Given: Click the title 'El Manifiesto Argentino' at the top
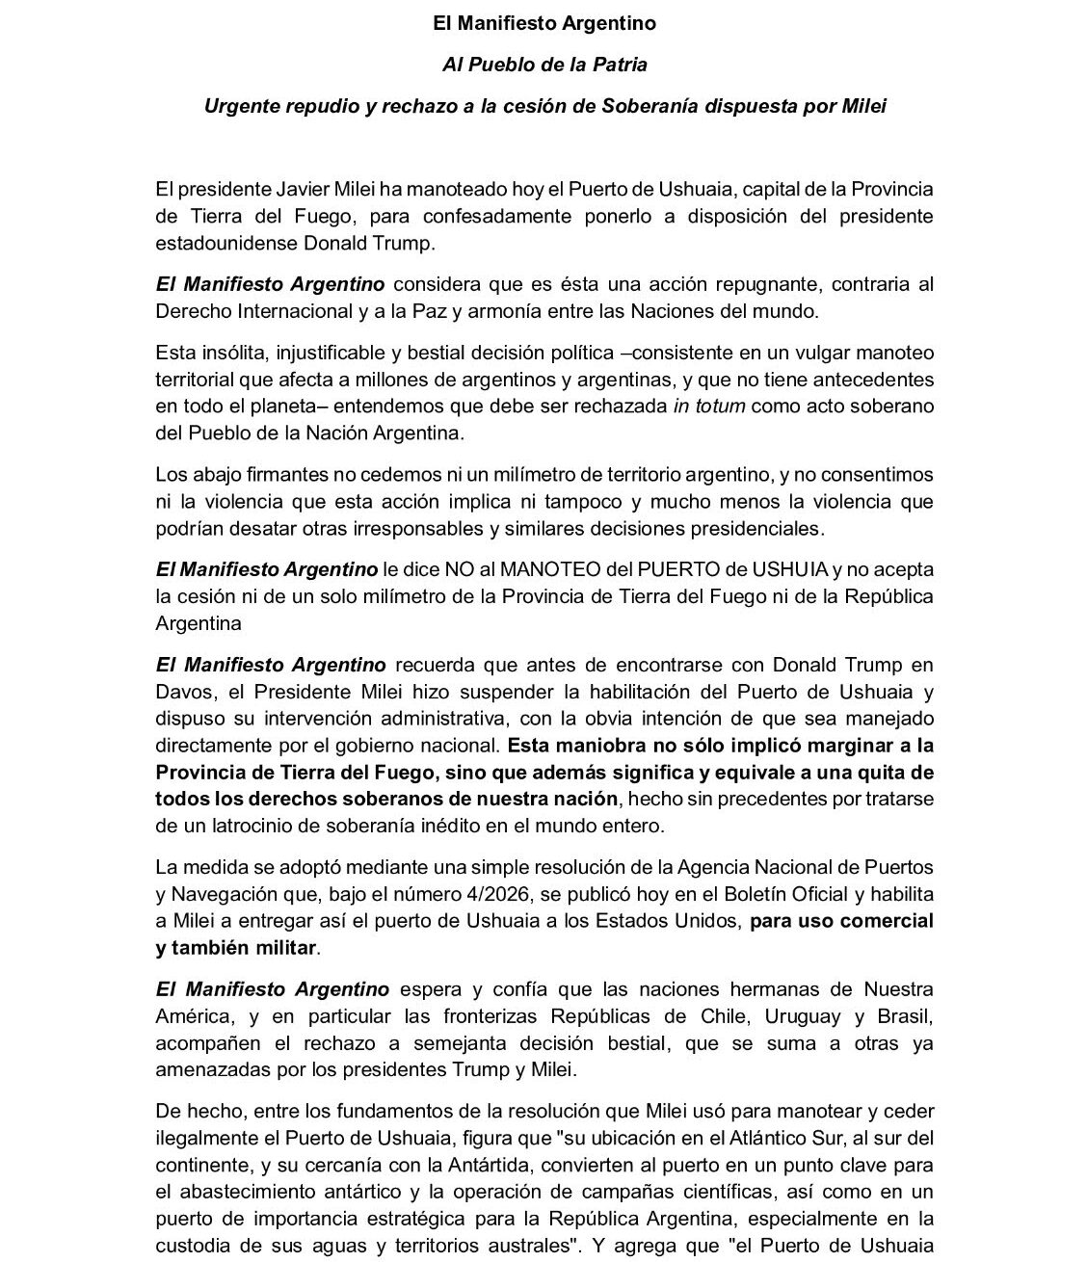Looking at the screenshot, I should [x=544, y=22].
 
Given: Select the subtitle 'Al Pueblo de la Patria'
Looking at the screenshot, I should [x=544, y=65].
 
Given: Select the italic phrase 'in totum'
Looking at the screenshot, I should [x=709, y=406].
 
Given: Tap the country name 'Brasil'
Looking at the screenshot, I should [x=905, y=1016].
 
